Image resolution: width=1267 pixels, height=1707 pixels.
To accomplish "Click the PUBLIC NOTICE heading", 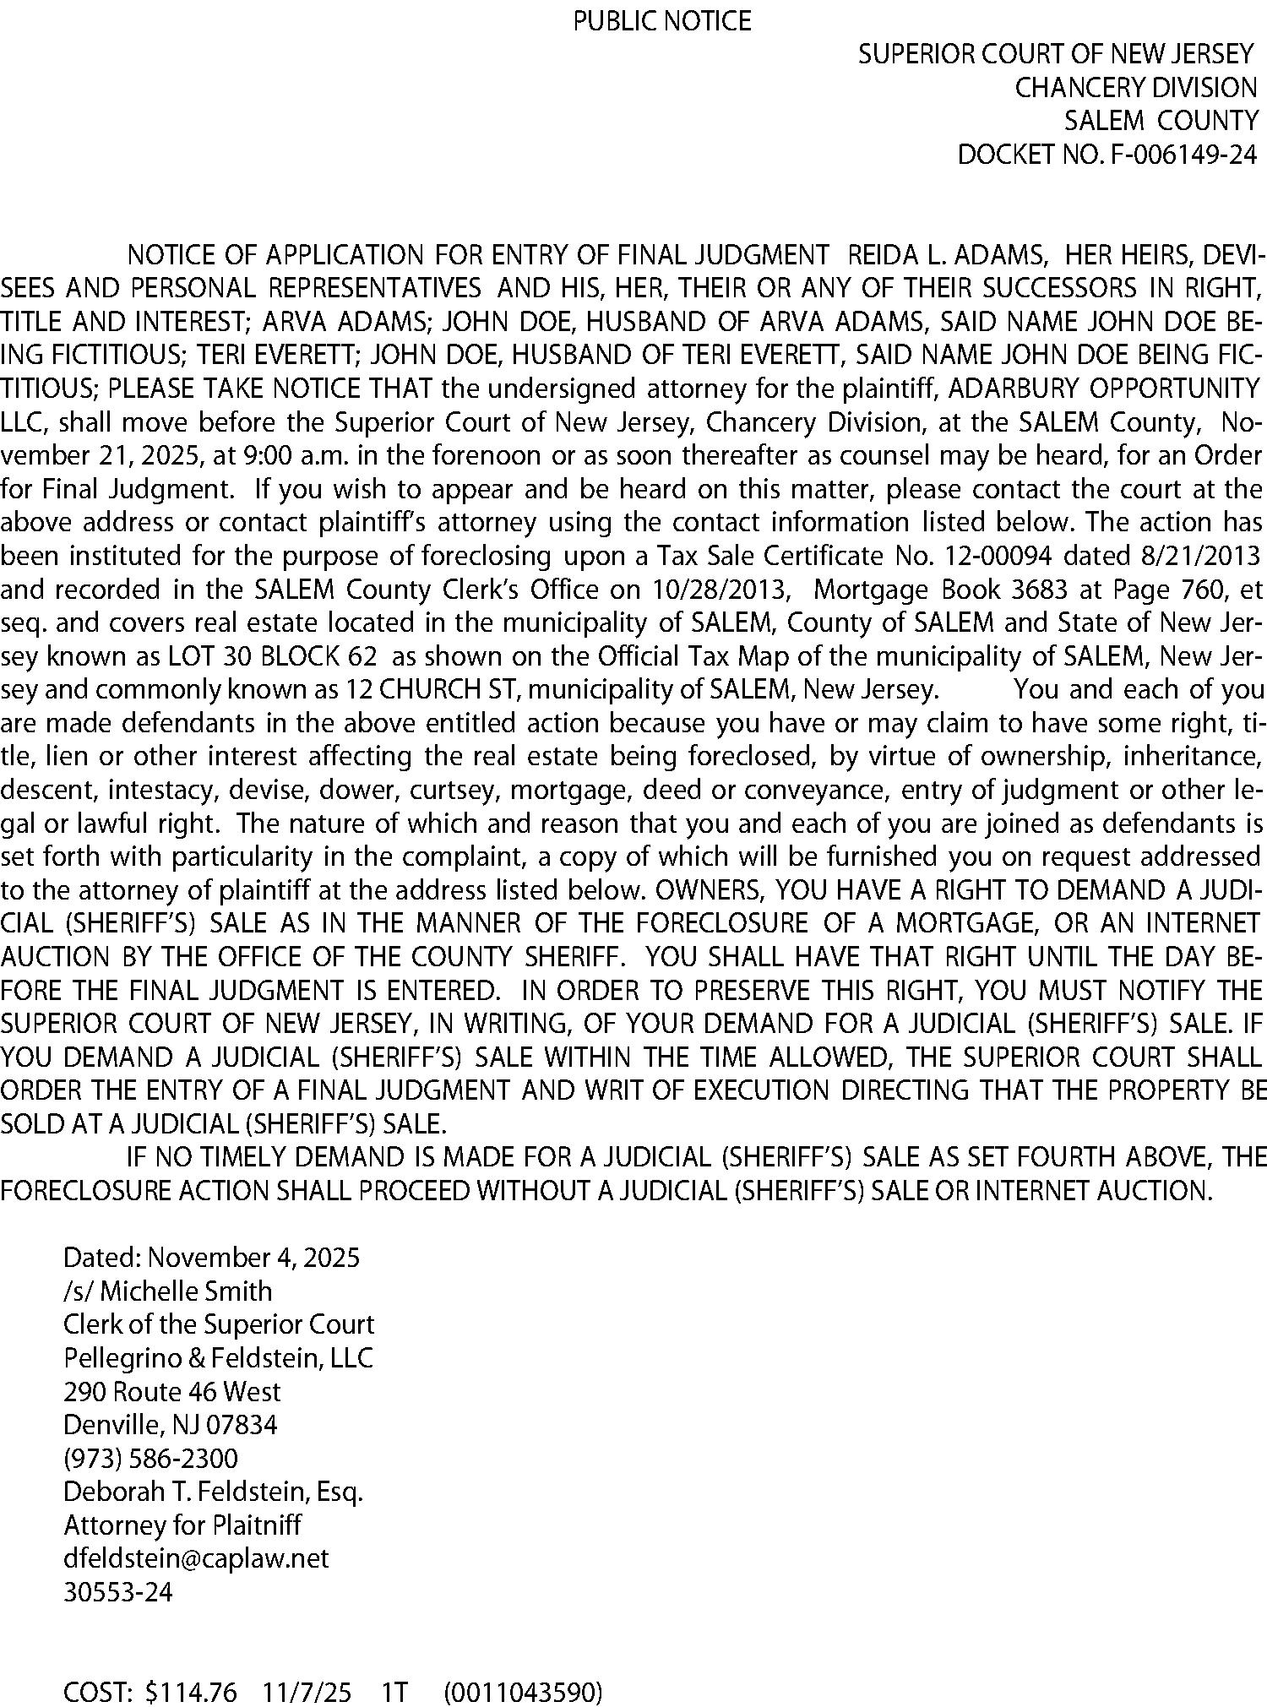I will [x=661, y=20].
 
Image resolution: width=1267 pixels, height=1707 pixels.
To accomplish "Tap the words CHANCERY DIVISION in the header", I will [x=1135, y=88].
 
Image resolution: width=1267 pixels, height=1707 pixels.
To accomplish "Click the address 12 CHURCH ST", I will [x=430, y=689].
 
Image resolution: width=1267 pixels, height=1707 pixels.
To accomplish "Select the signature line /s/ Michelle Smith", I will [x=167, y=1291].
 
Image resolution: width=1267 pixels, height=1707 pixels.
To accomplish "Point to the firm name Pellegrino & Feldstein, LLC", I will [x=218, y=1357].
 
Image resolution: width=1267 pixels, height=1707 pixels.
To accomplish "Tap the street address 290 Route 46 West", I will [x=171, y=1391].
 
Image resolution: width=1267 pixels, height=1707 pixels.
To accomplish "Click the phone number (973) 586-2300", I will [x=150, y=1458].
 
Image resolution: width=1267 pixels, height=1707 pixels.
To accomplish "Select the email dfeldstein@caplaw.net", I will [x=196, y=1558].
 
